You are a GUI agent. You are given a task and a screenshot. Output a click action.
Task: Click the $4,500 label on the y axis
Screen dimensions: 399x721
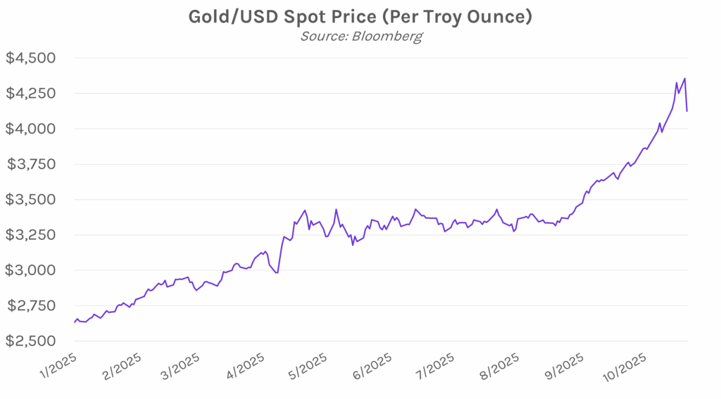[x=31, y=58]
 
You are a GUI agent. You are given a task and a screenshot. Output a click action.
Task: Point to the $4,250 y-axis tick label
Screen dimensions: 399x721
[x=31, y=94]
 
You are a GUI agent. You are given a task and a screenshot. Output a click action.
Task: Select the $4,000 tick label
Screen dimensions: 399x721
[x=31, y=129]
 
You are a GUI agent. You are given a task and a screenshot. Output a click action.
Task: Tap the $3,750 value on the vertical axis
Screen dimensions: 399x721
[x=31, y=165]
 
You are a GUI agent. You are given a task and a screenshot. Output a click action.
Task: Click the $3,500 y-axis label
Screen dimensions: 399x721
[x=31, y=200]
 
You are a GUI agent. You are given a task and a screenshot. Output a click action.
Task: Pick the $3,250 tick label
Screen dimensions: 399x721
[x=31, y=235]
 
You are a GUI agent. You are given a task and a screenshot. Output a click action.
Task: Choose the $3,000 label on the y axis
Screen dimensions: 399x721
[x=31, y=270]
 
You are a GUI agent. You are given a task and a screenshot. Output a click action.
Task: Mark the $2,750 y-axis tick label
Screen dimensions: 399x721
[x=31, y=306]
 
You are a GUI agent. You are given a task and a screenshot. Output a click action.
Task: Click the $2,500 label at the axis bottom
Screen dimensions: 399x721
[x=31, y=341]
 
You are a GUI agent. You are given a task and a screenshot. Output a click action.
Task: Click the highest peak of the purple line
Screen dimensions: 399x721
[x=685, y=78]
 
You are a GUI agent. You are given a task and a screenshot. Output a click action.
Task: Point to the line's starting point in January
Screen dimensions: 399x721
[x=74, y=322]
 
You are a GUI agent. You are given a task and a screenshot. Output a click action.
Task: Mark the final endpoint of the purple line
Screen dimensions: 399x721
[x=687, y=111]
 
